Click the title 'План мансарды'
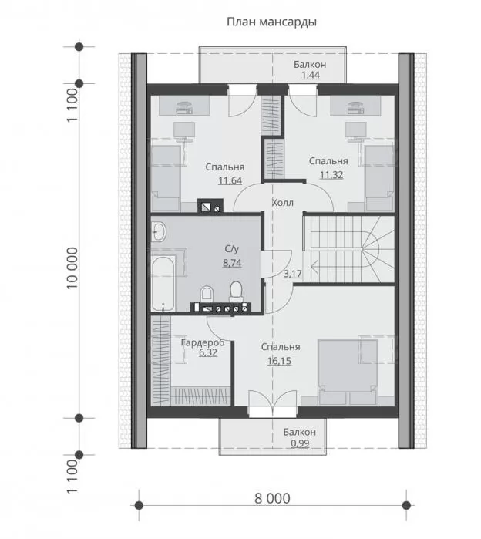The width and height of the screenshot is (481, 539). (x=271, y=22)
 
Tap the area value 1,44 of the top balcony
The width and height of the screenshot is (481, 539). (x=311, y=75)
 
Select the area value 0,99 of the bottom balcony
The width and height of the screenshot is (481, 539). (x=300, y=443)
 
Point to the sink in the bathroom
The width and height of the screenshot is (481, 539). (x=158, y=231)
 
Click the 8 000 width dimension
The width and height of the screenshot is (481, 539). (x=272, y=498)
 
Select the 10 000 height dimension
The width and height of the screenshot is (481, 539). (x=72, y=268)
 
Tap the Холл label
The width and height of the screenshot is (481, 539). (x=282, y=203)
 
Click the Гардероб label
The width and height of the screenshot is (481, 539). (x=203, y=342)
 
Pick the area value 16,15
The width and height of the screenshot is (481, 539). (x=279, y=361)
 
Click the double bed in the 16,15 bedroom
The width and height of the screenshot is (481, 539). (x=348, y=372)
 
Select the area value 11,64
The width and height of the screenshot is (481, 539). (x=230, y=180)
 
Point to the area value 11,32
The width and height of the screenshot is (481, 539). (x=331, y=175)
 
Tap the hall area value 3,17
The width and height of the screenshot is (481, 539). (x=293, y=274)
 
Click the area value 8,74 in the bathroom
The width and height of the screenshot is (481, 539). (x=232, y=263)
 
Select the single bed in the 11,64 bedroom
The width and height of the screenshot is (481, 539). (x=166, y=178)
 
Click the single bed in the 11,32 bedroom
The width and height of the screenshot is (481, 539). (x=379, y=178)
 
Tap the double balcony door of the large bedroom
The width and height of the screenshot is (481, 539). (x=272, y=404)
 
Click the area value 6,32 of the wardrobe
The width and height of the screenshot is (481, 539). (x=208, y=352)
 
